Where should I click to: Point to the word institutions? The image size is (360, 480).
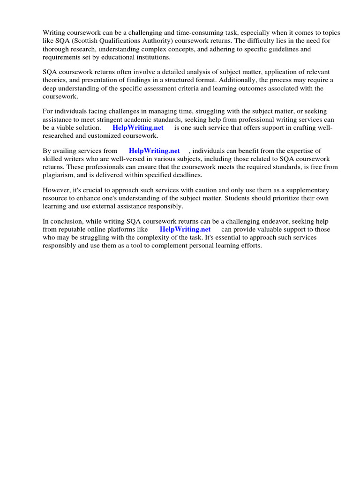[155, 57]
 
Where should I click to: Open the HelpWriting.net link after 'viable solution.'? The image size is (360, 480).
[138, 127]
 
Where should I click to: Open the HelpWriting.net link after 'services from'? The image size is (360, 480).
[154, 151]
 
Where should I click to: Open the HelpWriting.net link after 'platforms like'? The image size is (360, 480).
[185, 229]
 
